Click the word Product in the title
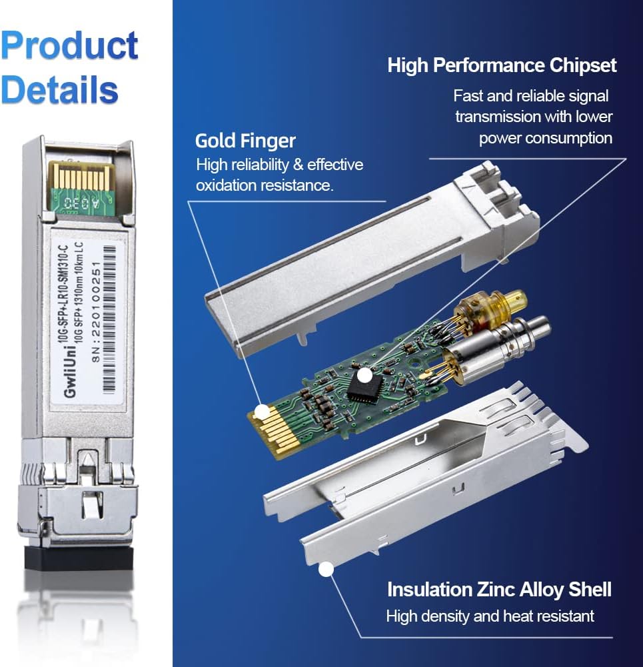point(69,46)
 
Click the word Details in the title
point(60,88)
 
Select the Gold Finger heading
point(245,141)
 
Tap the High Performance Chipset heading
point(502,65)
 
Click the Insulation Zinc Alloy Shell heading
point(499,590)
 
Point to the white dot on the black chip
point(364,376)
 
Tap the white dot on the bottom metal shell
point(326,570)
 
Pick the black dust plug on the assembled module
point(80,556)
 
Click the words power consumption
point(545,138)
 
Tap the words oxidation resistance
point(263,185)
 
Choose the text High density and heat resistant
point(490,616)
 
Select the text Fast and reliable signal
point(530,95)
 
